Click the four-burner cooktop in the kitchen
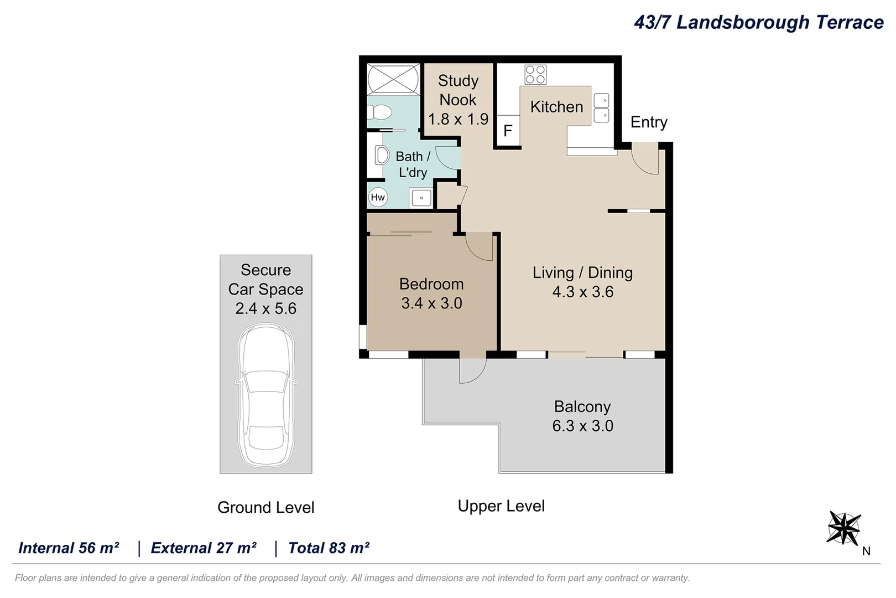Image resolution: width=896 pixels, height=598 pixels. tap(535, 75)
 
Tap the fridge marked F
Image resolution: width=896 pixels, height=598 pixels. tap(508, 131)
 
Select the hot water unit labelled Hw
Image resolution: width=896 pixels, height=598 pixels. tap(378, 197)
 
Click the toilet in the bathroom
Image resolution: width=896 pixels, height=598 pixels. tap(379, 112)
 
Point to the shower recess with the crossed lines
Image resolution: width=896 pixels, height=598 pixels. tap(393, 79)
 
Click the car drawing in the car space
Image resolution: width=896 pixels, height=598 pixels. tap(266, 395)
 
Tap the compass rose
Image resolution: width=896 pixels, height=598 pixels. tap(844, 528)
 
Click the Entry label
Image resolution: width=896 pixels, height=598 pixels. tap(649, 122)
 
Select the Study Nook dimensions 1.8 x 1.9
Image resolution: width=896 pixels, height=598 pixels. tap(459, 119)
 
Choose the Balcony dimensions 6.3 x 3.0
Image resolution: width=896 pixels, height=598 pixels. tap(583, 426)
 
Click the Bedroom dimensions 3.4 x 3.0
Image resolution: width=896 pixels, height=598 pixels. tap(431, 303)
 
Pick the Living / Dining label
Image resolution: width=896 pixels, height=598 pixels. tap(583, 273)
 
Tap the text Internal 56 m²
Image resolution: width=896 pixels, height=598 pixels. tap(69, 548)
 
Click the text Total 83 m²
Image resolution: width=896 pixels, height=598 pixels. tap(329, 548)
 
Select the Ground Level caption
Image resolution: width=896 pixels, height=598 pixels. tap(266, 508)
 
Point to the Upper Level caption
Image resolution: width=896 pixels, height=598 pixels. tap(501, 506)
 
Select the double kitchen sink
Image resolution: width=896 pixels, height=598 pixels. tap(602, 108)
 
